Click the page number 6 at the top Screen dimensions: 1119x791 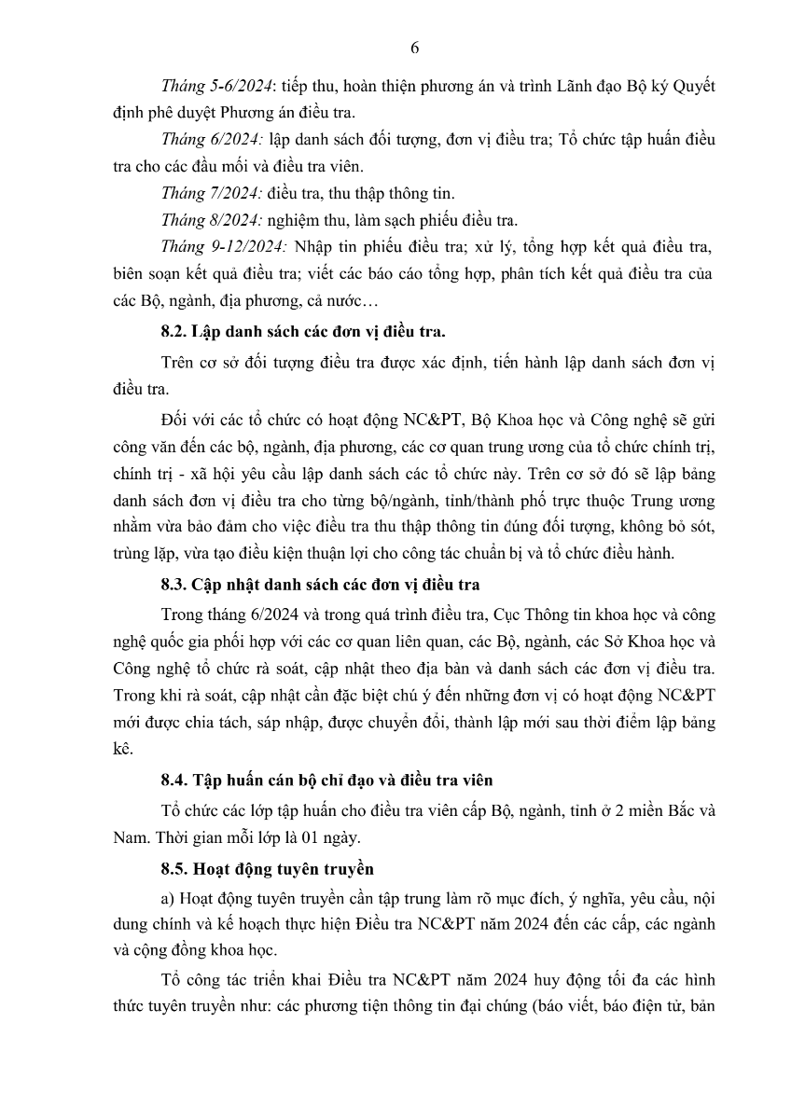(414, 48)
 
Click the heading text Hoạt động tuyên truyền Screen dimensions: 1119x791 (284, 869)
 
